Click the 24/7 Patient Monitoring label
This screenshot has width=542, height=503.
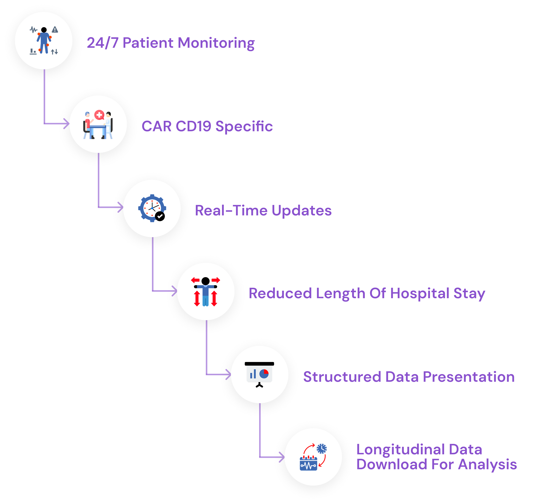[x=171, y=43]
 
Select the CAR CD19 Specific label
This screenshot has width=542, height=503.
[x=207, y=126]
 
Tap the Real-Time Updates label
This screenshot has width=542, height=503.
[x=263, y=210]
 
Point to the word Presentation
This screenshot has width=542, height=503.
[x=469, y=377]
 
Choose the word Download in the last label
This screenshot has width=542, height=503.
[x=392, y=464]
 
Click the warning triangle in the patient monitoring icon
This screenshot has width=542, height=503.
[x=55, y=30]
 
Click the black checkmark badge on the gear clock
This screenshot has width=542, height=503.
[x=160, y=216]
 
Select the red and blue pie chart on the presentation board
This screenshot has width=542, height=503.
[x=264, y=374]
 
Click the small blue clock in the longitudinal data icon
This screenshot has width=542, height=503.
[x=322, y=449]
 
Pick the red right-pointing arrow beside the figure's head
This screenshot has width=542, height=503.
[x=216, y=280]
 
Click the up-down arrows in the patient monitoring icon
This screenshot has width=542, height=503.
[x=55, y=52]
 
